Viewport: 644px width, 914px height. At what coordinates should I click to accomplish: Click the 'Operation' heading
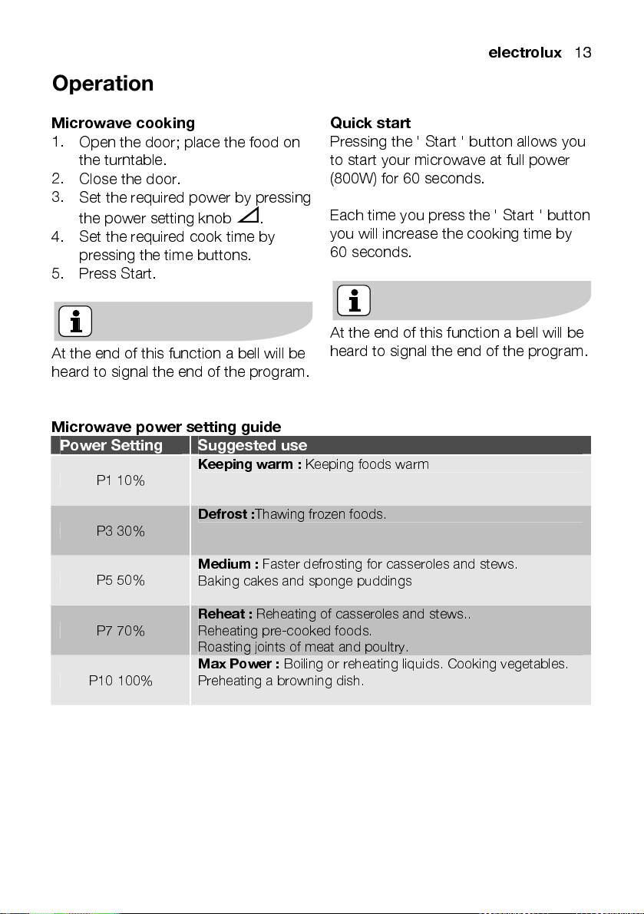(103, 84)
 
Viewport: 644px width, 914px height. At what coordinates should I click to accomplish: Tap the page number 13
(582, 53)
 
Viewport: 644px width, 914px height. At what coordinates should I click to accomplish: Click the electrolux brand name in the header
(525, 53)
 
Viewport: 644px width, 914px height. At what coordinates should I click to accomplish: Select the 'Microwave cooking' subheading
(123, 123)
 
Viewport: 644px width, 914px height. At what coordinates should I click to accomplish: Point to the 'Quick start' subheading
(370, 123)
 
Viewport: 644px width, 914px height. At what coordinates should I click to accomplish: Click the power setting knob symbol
(248, 216)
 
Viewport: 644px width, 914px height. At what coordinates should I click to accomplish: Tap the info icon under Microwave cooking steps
(75, 322)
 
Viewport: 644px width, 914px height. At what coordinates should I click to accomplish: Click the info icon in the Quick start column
(353, 301)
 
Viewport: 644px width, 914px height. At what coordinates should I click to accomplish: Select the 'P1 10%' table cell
(121, 480)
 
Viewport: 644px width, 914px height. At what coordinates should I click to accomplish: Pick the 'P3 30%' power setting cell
(121, 530)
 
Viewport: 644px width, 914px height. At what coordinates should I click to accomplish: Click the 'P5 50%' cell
(121, 580)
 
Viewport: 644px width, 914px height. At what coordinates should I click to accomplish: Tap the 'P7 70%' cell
(121, 631)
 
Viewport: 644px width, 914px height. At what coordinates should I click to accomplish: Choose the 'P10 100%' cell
(121, 680)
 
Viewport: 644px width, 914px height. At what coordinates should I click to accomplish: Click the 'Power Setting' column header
(111, 446)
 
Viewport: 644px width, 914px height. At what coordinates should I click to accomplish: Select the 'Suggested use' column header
(253, 446)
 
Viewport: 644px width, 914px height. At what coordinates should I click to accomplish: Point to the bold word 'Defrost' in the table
(224, 514)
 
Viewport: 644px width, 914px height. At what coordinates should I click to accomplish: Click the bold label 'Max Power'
(238, 664)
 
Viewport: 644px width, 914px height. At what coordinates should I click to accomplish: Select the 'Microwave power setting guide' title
(166, 427)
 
